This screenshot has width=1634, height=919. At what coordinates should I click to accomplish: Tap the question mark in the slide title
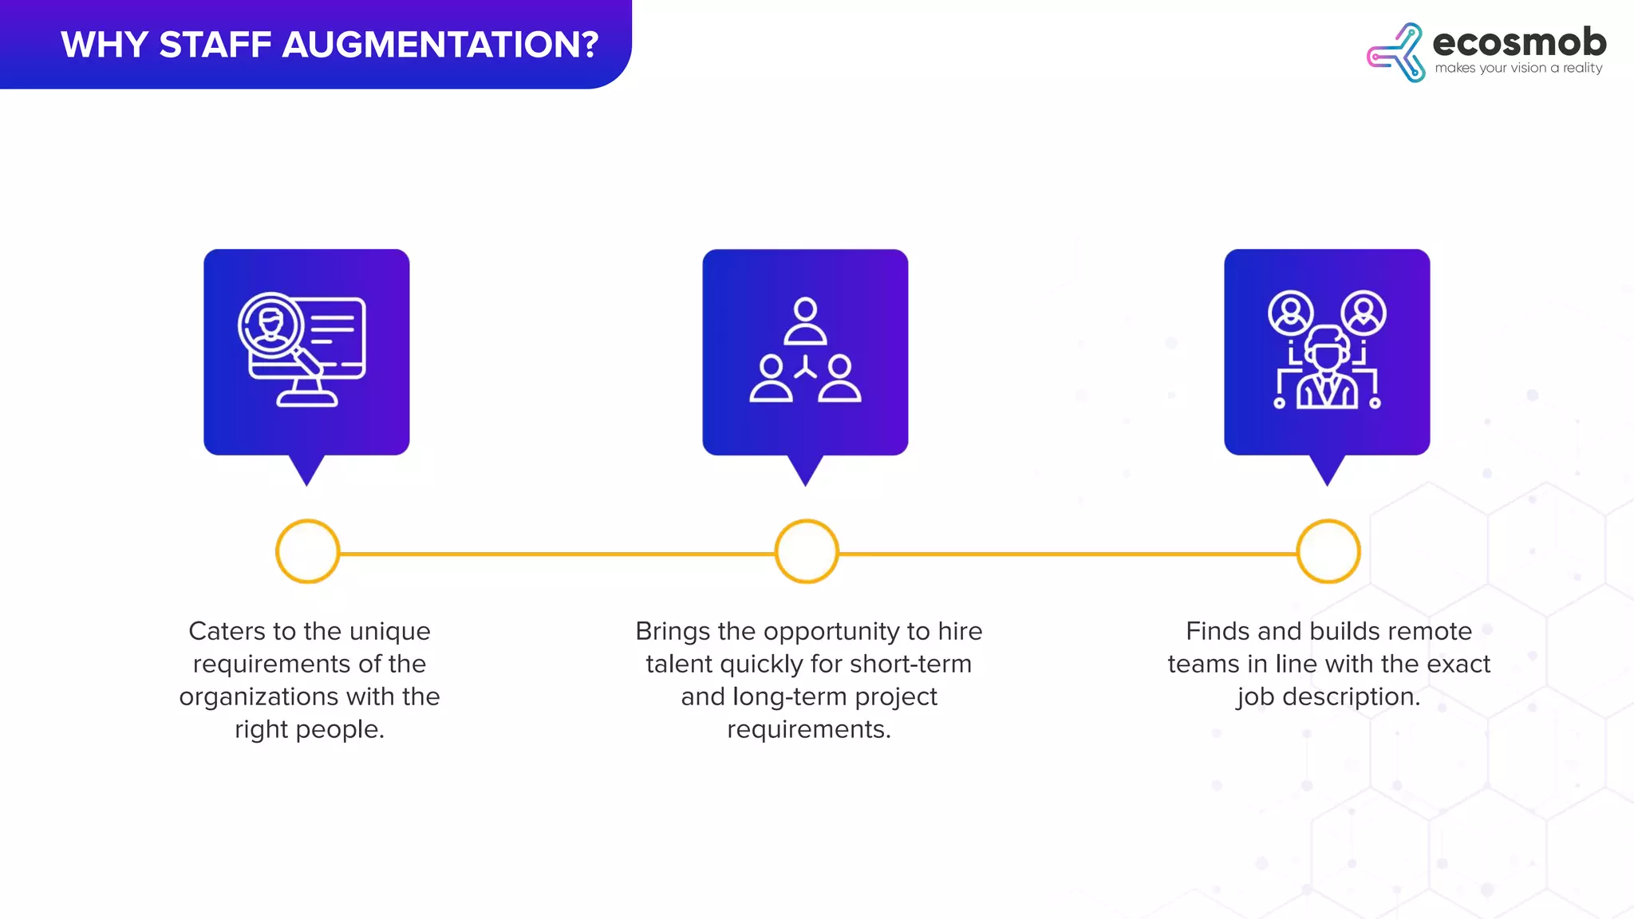pyautogui.click(x=590, y=45)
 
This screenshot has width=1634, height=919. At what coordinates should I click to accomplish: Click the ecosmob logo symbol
pyautogui.click(x=1395, y=53)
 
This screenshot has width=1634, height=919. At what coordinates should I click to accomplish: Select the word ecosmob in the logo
pyautogui.click(x=1519, y=41)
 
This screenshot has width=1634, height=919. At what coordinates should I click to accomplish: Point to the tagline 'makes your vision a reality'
pyautogui.click(x=1518, y=69)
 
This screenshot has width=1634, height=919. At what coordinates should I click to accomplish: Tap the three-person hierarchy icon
pyautogui.click(x=805, y=350)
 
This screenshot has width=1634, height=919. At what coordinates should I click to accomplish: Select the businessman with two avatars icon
pyautogui.click(x=1327, y=350)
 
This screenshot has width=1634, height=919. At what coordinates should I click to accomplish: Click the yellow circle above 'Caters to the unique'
pyautogui.click(x=307, y=551)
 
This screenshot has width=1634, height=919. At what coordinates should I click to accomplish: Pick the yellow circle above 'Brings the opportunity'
pyautogui.click(x=807, y=551)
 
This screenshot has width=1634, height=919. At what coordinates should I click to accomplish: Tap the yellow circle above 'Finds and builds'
pyautogui.click(x=1328, y=551)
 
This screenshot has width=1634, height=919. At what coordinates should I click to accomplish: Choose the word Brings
pyautogui.click(x=673, y=631)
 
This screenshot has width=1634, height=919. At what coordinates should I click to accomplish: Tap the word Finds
pyautogui.click(x=1218, y=631)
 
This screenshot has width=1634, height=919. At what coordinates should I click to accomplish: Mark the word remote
pyautogui.click(x=1431, y=631)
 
